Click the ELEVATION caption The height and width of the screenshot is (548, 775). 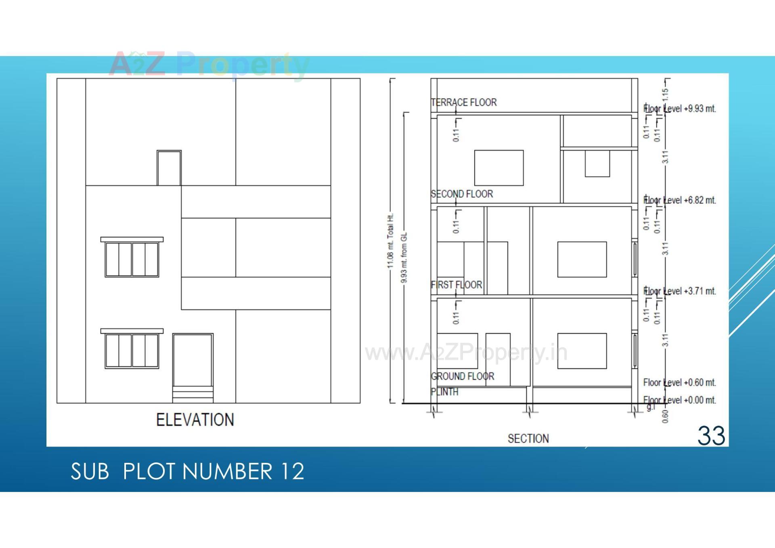click(195, 420)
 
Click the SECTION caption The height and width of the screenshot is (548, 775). click(528, 439)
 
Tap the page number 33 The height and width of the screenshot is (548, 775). click(711, 436)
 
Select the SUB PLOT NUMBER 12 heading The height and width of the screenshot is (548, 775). click(187, 471)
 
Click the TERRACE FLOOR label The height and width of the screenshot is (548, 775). click(464, 103)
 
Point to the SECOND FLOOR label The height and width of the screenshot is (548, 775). click(462, 194)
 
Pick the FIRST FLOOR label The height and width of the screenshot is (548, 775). click(457, 285)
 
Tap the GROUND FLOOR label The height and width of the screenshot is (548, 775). click(463, 376)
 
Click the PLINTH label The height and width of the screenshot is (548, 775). click(444, 392)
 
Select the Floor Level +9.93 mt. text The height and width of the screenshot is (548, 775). click(680, 109)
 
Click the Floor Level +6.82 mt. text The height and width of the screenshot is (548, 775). click(680, 200)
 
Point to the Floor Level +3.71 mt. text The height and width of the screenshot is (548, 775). click(680, 291)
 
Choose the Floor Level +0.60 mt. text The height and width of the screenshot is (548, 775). click(680, 382)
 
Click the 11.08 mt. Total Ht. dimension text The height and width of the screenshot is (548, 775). click(390, 241)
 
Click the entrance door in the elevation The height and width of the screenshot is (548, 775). click(193, 360)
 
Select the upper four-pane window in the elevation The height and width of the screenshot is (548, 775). click(132, 258)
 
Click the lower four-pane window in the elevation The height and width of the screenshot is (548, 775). click(132, 350)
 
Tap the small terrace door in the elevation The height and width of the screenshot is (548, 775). click(169, 168)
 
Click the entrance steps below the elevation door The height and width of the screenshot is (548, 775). click(193, 395)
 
